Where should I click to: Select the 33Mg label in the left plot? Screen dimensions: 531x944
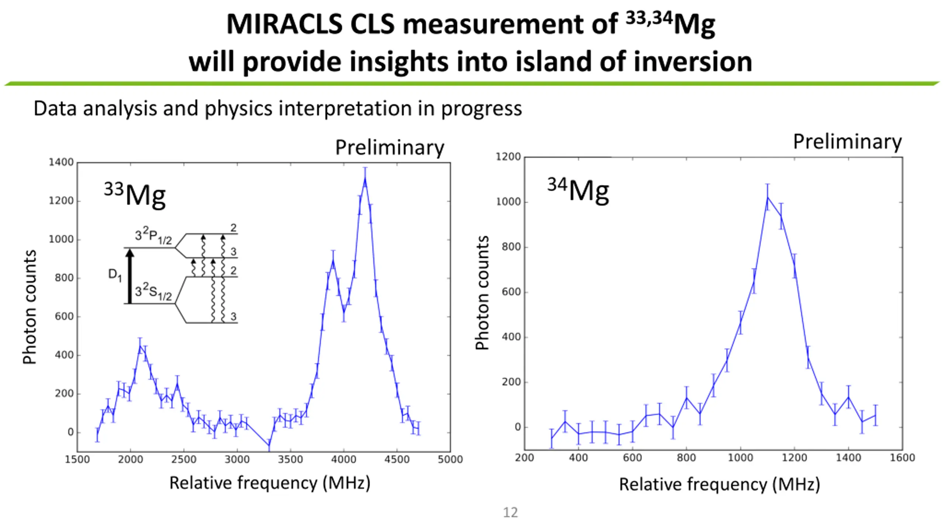click(135, 194)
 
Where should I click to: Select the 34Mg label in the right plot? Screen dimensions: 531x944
click(578, 190)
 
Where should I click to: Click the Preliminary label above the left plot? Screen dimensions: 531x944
click(389, 148)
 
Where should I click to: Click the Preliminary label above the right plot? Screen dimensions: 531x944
click(847, 142)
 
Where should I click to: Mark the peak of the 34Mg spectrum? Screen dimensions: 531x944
click(767, 197)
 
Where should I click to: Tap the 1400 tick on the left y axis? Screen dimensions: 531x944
click(61, 162)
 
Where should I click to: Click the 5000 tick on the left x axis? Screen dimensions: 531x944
click(450, 459)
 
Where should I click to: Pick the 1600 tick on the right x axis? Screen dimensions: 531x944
click(902, 458)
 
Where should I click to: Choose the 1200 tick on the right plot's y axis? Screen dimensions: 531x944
click(508, 157)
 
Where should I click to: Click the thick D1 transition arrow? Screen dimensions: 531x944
click(129, 277)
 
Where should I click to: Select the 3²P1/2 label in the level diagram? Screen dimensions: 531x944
click(153, 235)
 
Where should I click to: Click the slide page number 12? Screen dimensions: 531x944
click(510, 513)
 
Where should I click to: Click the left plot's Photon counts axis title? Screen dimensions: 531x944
click(29, 307)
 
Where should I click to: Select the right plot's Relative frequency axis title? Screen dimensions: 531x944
click(719, 484)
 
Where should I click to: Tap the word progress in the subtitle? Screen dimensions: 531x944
click(482, 109)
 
